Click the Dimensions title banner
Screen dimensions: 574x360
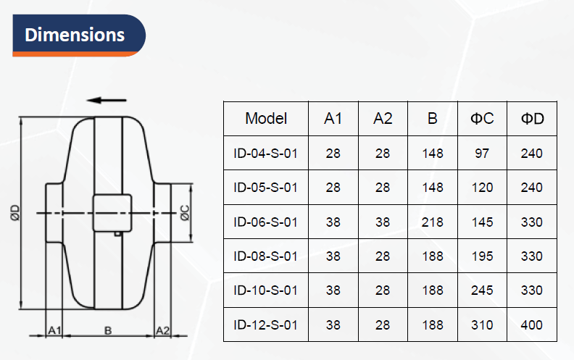[x=79, y=35]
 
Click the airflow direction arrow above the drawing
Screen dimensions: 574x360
[x=107, y=100]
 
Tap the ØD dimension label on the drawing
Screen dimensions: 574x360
[x=15, y=213]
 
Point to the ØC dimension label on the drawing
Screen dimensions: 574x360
[x=186, y=213]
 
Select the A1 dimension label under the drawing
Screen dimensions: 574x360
[x=54, y=330]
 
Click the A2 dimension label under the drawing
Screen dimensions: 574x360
[x=162, y=330]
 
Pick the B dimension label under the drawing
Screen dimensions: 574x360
[x=108, y=330]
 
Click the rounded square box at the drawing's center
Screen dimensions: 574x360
[x=112, y=213]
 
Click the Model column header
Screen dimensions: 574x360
[x=266, y=119]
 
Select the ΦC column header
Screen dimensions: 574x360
[x=482, y=119]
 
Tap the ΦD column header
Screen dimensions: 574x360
[x=532, y=119]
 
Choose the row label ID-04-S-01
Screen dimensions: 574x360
[x=266, y=154]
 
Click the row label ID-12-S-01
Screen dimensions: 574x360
[x=266, y=325]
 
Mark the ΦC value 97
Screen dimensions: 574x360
[x=482, y=154]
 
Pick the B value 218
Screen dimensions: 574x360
[x=433, y=222]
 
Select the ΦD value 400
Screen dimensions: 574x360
[x=531, y=325]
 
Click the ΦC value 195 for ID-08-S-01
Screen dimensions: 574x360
[x=482, y=256]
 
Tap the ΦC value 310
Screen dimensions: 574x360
[x=482, y=325]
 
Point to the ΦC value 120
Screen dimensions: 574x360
[x=482, y=188]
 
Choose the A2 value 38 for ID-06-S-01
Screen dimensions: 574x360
[x=383, y=222]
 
